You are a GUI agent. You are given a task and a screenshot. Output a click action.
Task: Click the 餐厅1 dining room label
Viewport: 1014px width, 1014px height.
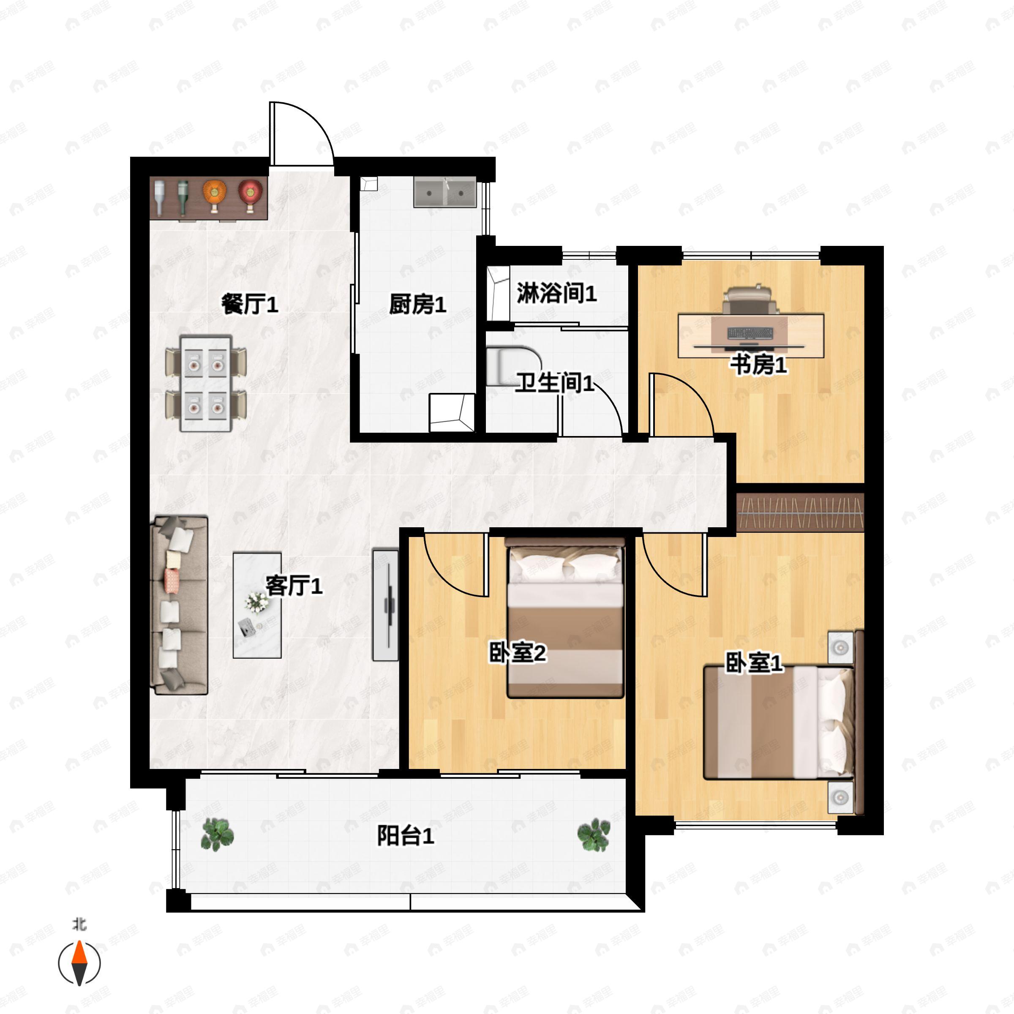click(249, 304)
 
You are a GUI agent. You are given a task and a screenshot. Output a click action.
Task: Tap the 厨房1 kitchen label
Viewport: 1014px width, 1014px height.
click(417, 304)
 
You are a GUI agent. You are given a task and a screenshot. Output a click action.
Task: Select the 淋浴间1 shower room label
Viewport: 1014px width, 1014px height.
click(557, 293)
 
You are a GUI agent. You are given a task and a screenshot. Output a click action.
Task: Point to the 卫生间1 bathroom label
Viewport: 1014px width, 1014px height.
click(555, 383)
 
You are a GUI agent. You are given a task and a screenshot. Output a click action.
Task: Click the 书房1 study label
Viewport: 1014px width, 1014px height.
click(760, 365)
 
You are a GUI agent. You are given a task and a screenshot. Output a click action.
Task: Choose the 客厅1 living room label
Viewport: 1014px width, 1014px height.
click(294, 586)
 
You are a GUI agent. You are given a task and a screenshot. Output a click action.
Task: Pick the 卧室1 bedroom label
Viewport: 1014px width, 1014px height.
click(754, 663)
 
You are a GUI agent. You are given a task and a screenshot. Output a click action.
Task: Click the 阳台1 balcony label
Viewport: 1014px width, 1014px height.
click(406, 836)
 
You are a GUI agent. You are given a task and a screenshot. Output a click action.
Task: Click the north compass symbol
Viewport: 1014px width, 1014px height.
click(79, 963)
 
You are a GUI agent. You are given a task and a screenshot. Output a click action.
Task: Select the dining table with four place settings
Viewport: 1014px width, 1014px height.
click(206, 384)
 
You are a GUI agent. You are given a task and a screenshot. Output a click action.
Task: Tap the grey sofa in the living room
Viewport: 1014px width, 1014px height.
click(179, 605)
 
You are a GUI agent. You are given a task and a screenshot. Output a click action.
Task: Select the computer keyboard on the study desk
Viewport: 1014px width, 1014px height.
click(750, 333)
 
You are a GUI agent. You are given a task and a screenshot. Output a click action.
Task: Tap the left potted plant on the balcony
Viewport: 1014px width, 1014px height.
click(217, 834)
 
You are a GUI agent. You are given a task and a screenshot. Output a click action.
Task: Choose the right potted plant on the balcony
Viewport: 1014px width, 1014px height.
click(594, 834)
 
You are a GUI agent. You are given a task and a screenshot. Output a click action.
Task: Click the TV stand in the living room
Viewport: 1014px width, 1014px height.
click(385, 605)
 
